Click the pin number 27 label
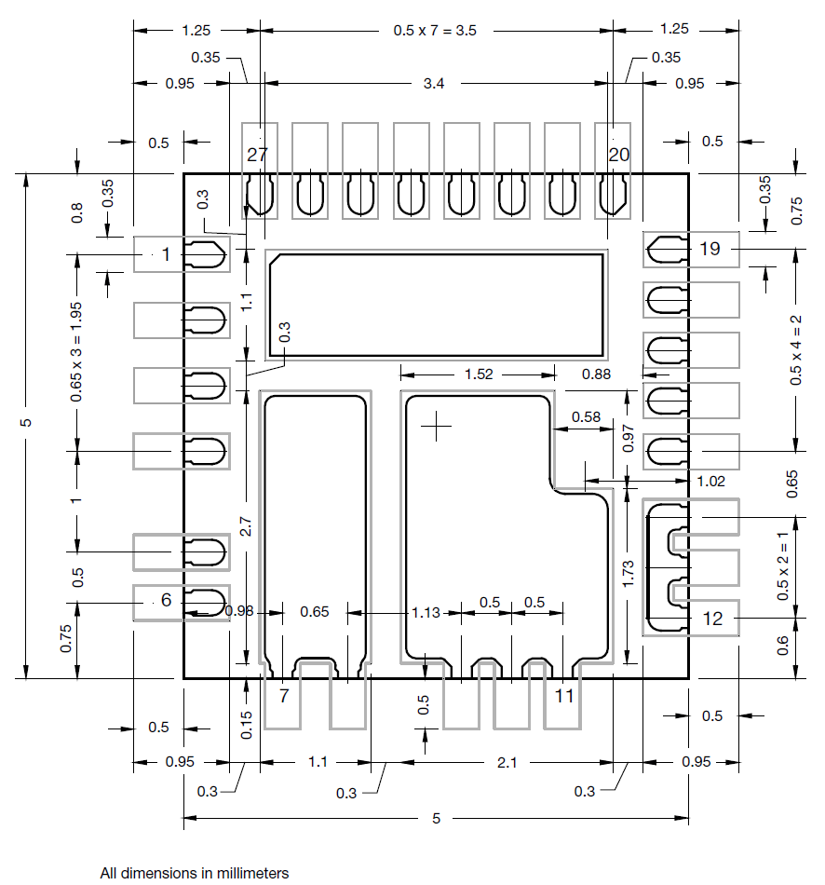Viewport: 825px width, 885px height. tap(257, 155)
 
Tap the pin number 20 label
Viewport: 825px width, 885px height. tap(619, 155)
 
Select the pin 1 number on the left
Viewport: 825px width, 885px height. tap(167, 253)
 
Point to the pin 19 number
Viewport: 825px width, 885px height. tap(710, 249)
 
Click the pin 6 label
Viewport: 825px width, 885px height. tap(166, 601)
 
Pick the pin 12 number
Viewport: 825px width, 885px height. tap(712, 618)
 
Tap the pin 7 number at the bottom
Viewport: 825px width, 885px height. tap(284, 695)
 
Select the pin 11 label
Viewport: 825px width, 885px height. tap(564, 695)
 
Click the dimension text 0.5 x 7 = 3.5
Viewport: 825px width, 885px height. tap(435, 30)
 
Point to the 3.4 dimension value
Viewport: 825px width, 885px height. tap(434, 84)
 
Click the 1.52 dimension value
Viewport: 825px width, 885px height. tap(479, 374)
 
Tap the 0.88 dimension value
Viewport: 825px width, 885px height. tap(596, 374)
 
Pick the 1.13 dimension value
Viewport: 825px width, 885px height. tap(426, 612)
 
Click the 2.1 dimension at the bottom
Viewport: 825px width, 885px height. tap(507, 762)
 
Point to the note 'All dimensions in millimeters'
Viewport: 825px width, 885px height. tap(195, 873)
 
